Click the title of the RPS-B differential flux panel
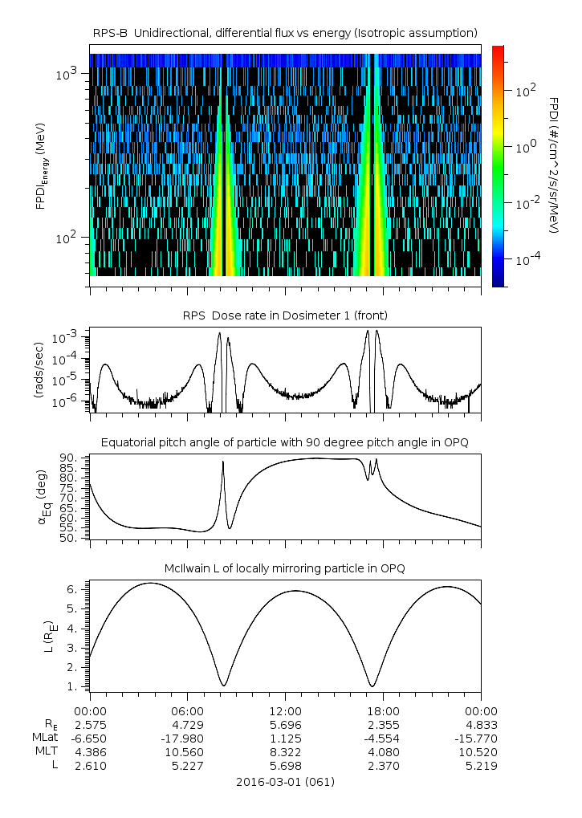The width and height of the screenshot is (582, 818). (x=286, y=32)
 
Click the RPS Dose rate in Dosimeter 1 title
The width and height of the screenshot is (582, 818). (x=286, y=315)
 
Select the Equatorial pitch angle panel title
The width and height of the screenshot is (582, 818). (x=286, y=442)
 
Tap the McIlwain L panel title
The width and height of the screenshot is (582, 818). (x=286, y=568)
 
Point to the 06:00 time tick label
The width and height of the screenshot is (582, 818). (x=188, y=710)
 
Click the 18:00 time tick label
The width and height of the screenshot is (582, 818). (x=384, y=710)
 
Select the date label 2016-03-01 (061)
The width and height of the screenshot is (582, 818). (x=286, y=781)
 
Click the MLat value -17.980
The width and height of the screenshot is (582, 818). (x=188, y=738)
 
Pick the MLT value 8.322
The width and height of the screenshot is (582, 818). (x=286, y=751)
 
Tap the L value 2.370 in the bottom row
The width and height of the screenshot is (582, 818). (x=384, y=766)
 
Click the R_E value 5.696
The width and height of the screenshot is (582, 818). (x=286, y=724)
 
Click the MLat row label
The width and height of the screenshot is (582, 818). (x=43, y=738)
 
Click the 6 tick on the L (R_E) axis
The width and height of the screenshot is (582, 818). (x=72, y=589)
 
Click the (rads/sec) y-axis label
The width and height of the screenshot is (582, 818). (x=39, y=370)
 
